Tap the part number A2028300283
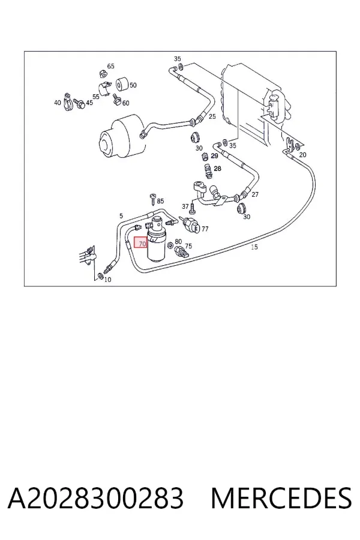pyautogui.click(x=96, y=498)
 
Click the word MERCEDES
pyautogui.click(x=281, y=498)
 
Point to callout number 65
pyautogui.click(x=110, y=66)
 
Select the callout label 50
pyautogui.click(x=133, y=85)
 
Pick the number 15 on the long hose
pyautogui.click(x=254, y=247)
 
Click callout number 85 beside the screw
pyautogui.click(x=160, y=201)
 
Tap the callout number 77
pyautogui.click(x=205, y=229)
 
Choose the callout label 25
pyautogui.click(x=212, y=116)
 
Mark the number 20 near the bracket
pyautogui.click(x=302, y=155)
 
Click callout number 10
pyautogui.click(x=107, y=280)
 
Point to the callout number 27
pyautogui.click(x=255, y=194)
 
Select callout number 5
pyautogui.click(x=121, y=216)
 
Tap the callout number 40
pyautogui.click(x=58, y=103)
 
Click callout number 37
pyautogui.click(x=185, y=206)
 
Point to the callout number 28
pyautogui.click(x=217, y=169)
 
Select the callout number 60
pyautogui.click(x=125, y=103)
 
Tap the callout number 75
pyautogui.click(x=188, y=246)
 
